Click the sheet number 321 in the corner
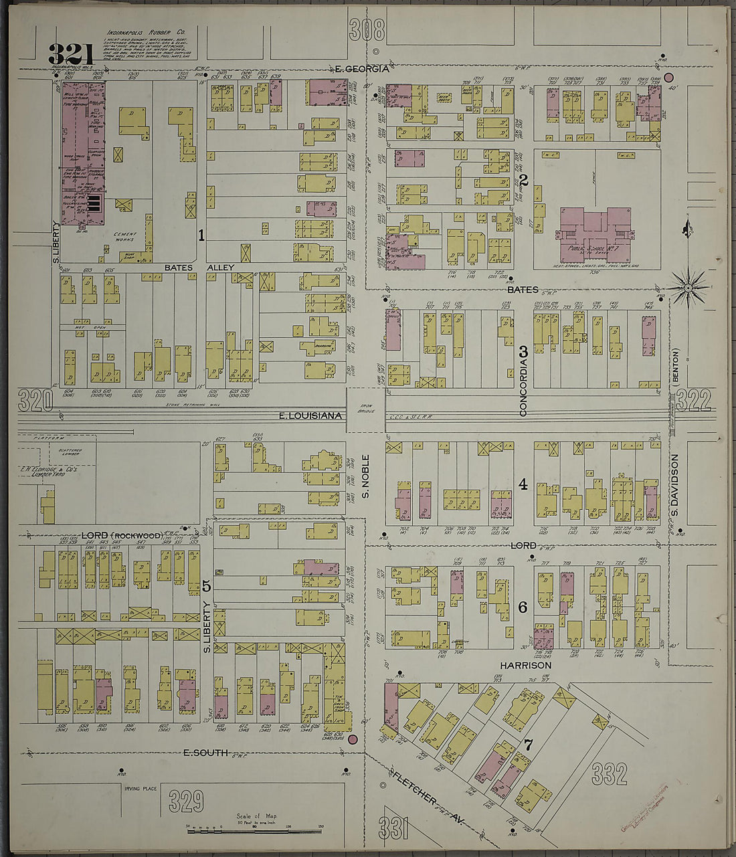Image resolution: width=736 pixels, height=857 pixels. pos(70,54)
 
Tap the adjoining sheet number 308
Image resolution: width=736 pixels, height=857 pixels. pos(367,30)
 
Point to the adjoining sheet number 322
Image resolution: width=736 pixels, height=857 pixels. pos(693,400)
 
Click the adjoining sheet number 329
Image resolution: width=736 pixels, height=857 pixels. pos(186,801)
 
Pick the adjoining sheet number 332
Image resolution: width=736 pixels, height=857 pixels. pos(609,774)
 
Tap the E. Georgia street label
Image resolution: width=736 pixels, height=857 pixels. pos(361,69)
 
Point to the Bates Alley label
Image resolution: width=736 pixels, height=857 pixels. pos(199,268)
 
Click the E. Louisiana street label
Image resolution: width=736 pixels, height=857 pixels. pos(310,416)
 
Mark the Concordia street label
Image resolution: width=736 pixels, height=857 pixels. pos(524,387)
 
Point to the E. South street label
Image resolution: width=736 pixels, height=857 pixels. pos(207,753)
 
